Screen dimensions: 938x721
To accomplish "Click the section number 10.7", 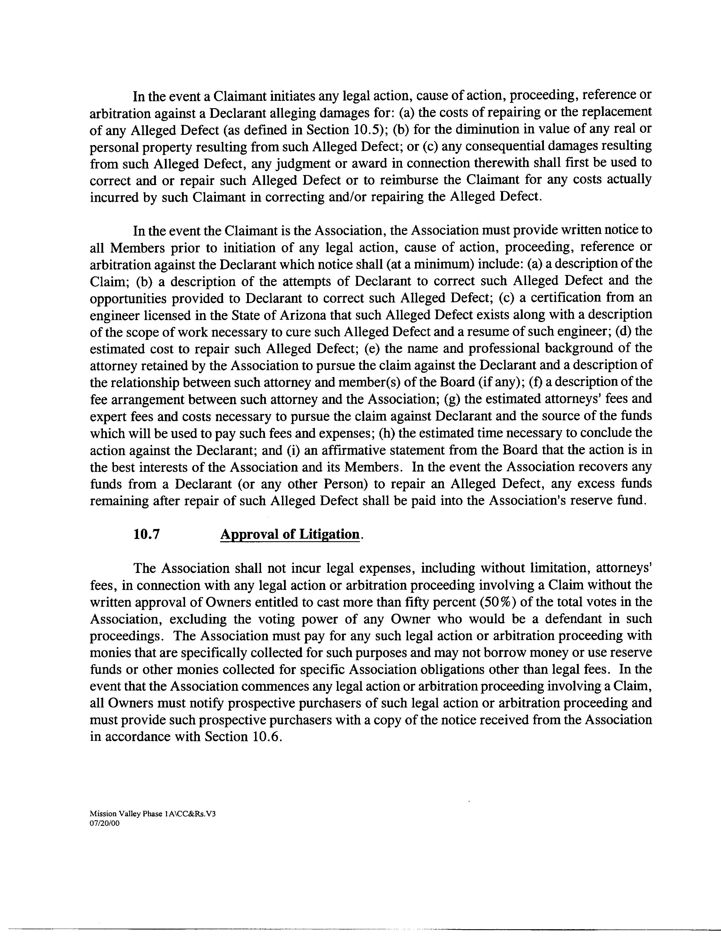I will coord(146,535).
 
